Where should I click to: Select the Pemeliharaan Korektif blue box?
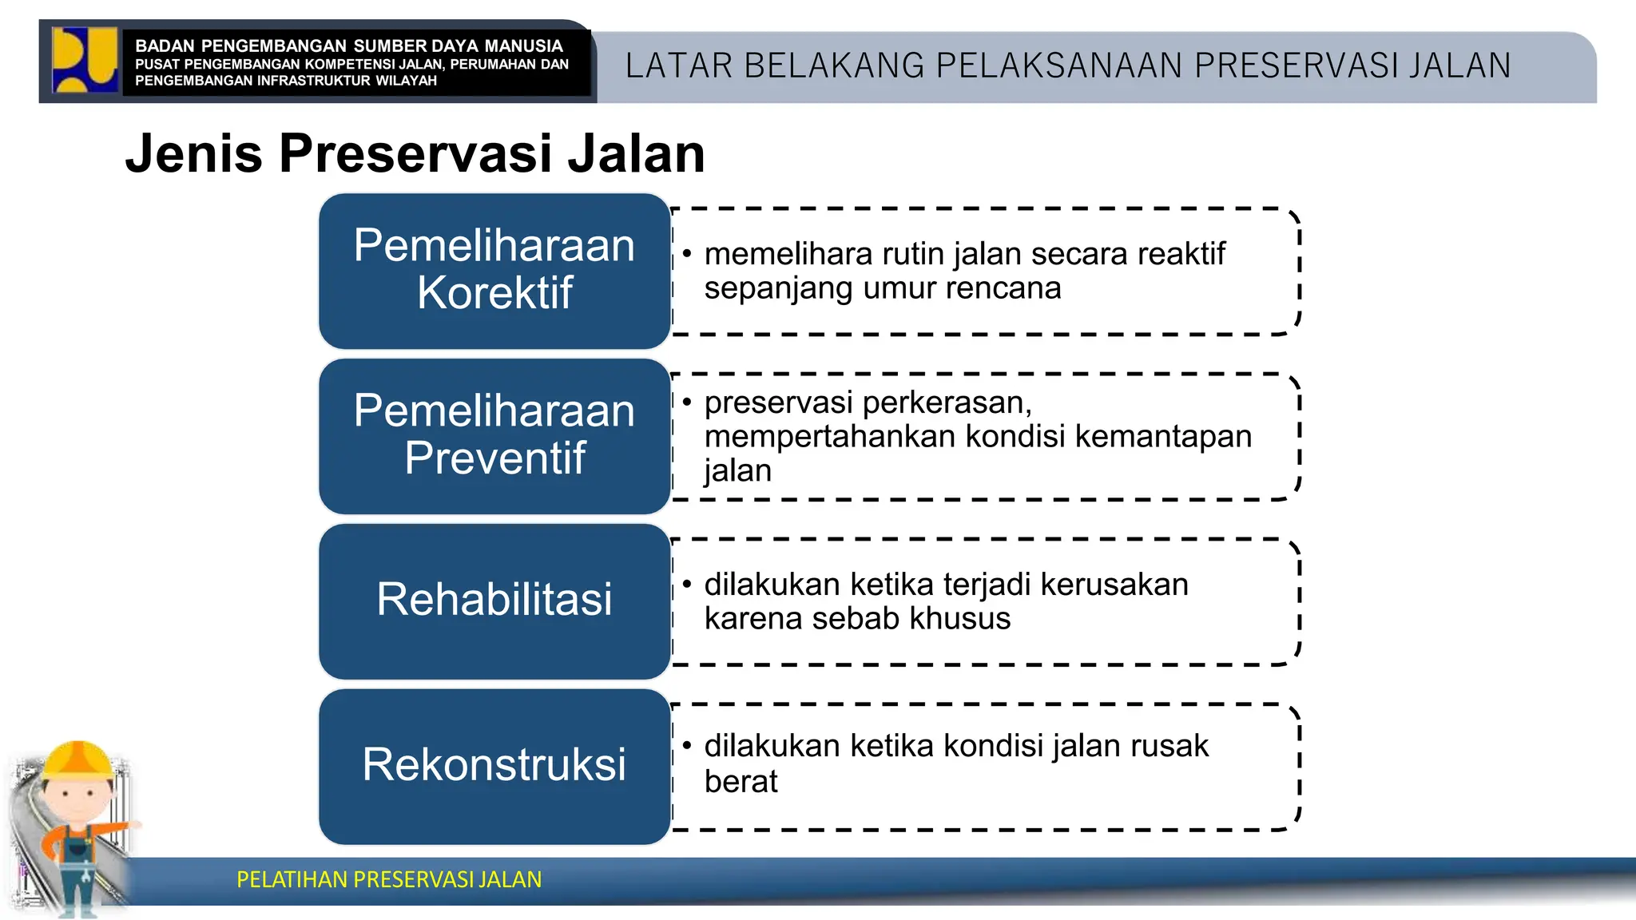[x=494, y=271]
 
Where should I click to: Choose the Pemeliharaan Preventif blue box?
[x=494, y=436]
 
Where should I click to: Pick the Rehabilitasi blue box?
[x=494, y=601]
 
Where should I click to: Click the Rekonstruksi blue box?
[x=494, y=766]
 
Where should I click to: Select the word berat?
[x=741, y=782]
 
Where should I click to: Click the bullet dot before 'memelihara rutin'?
[x=687, y=255]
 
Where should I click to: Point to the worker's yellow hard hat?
[x=78, y=759]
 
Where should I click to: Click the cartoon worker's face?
[x=77, y=798]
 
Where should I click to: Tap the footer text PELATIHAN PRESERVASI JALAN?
[x=389, y=880]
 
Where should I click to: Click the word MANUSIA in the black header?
[x=523, y=46]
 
